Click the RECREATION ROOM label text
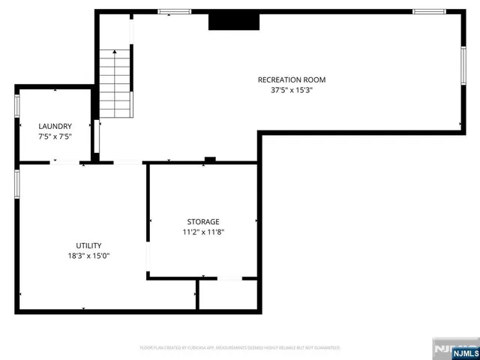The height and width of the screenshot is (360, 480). pos(292,79)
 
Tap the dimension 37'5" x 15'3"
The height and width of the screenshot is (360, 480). pos(292,89)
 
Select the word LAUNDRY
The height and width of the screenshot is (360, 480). pos(55,126)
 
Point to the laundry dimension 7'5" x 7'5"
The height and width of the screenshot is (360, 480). pos(55,136)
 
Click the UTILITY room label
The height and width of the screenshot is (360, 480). pos(88,245)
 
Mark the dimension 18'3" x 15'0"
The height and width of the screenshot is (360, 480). pos(88,255)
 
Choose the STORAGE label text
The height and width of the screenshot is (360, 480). pos(203,221)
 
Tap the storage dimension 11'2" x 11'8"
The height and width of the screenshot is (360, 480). pos(203,232)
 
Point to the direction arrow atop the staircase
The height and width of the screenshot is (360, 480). pos(115,54)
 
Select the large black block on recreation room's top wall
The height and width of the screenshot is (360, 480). pos(234,22)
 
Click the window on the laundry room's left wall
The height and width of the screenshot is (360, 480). pos(16,106)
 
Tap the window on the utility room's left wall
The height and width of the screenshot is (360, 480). pos(16,184)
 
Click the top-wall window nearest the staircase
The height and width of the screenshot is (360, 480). pos(173,11)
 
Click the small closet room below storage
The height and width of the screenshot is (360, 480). pos(228,294)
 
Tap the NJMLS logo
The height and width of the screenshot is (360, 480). pos(455,349)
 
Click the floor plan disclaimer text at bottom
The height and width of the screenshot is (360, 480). pos(240,348)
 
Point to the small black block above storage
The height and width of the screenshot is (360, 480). pos(210,159)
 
